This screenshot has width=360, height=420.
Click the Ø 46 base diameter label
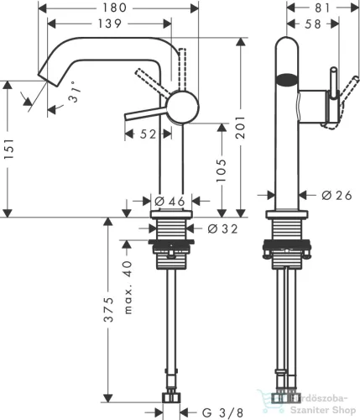170,201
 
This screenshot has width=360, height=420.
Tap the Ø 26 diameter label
336,196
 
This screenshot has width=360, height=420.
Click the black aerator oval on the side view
286,81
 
